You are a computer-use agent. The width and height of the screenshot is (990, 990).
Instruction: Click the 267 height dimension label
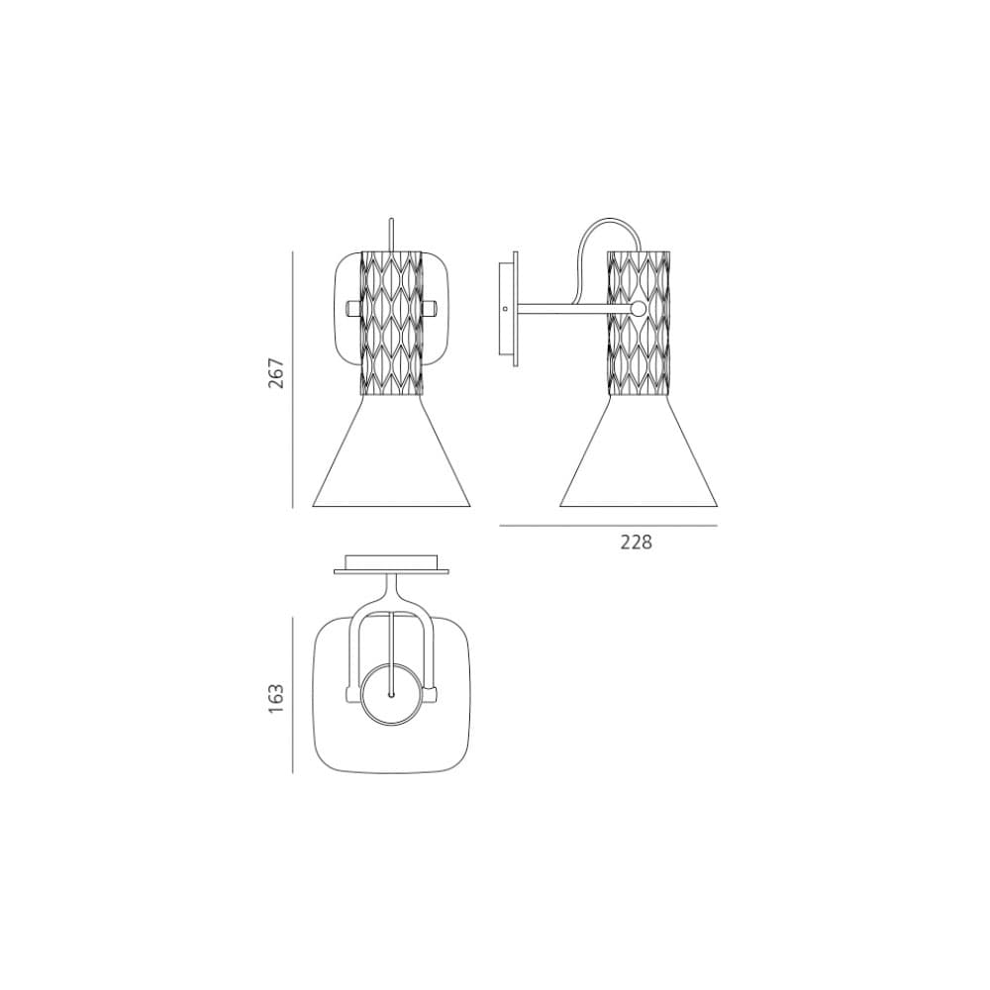tap(276, 373)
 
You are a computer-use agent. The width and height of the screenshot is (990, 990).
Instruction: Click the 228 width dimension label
tap(636, 542)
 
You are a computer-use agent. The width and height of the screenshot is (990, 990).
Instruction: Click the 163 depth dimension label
tap(276, 698)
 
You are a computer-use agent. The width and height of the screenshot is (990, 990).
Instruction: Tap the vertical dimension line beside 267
tap(292, 379)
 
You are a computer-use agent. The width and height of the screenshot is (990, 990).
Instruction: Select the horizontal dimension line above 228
tap(608, 526)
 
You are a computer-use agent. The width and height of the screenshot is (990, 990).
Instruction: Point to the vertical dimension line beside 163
tap(292, 695)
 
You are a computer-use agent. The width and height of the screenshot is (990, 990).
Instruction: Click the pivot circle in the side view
tap(639, 309)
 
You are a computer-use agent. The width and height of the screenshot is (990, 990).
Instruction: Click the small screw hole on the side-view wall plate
tap(505, 309)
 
